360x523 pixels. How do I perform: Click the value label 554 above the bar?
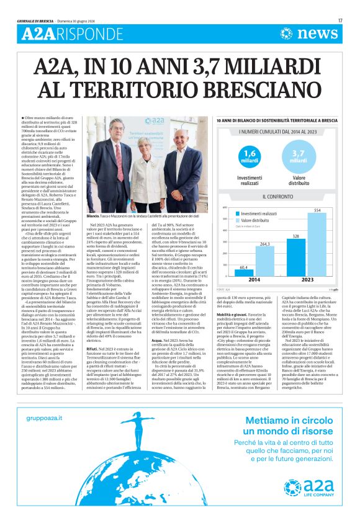317,211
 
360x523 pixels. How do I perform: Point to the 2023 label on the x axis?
306,280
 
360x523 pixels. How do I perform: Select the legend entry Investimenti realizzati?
258,213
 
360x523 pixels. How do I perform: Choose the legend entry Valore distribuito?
254,220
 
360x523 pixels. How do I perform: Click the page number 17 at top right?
340,21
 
